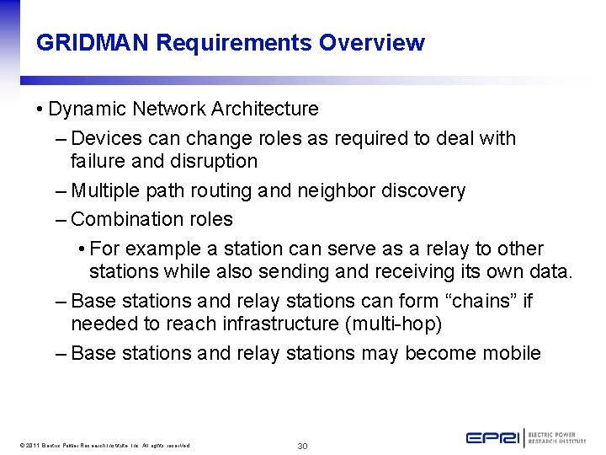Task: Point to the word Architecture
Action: click(x=265, y=109)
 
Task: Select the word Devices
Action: click(x=107, y=138)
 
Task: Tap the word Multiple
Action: click(x=108, y=191)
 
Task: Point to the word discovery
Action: click(x=423, y=191)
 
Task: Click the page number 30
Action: click(x=303, y=446)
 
